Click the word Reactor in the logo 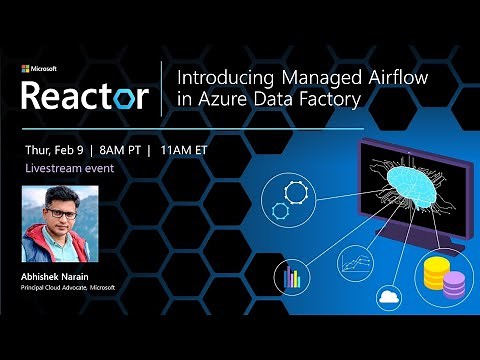(85, 96)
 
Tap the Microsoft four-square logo (27, 70)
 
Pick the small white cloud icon (389, 297)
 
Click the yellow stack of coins (438, 272)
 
